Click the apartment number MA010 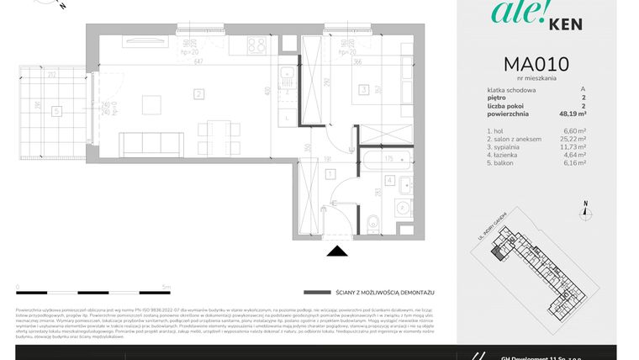[536, 65]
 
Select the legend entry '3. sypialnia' [509, 147]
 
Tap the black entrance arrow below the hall [337, 251]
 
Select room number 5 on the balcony [55, 109]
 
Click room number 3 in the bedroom [362, 88]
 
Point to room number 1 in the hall [331, 174]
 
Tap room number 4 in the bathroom [390, 179]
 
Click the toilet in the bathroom [373, 222]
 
